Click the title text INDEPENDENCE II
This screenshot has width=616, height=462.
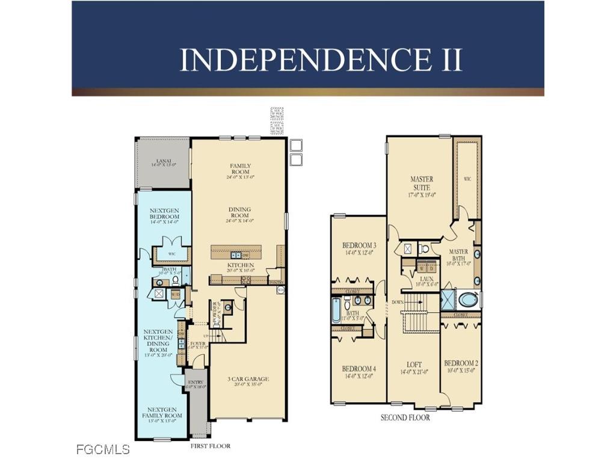tap(321, 60)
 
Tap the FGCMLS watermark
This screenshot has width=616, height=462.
tap(103, 449)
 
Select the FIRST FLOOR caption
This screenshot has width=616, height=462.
tap(210, 446)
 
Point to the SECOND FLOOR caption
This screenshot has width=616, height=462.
tap(405, 417)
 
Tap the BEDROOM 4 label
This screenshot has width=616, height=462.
tap(359, 371)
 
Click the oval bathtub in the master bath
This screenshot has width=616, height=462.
tap(468, 299)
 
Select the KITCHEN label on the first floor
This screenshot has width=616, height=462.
tap(240, 265)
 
